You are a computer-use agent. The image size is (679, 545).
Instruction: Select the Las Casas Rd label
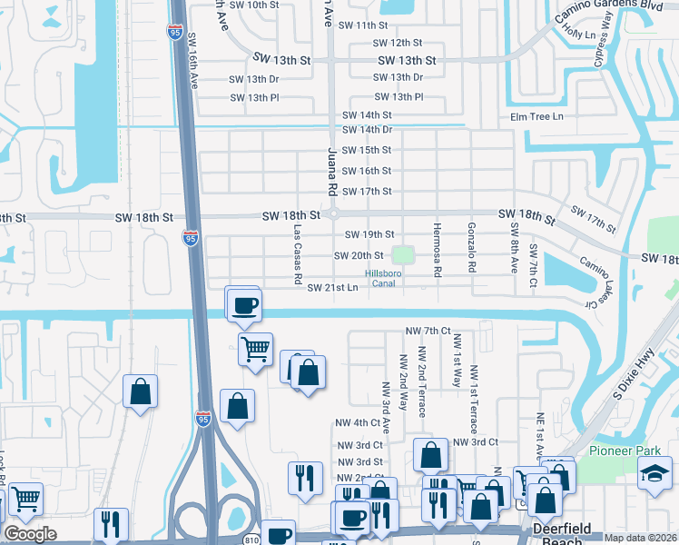click(x=297, y=256)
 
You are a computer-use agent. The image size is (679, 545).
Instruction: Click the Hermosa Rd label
click(x=437, y=249)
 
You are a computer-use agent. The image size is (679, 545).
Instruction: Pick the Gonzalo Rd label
click(x=471, y=248)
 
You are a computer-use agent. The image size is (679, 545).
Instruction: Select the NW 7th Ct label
click(x=428, y=331)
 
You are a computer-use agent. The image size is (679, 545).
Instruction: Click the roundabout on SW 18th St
click(x=334, y=214)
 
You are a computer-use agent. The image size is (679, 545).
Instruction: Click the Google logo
click(x=30, y=534)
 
